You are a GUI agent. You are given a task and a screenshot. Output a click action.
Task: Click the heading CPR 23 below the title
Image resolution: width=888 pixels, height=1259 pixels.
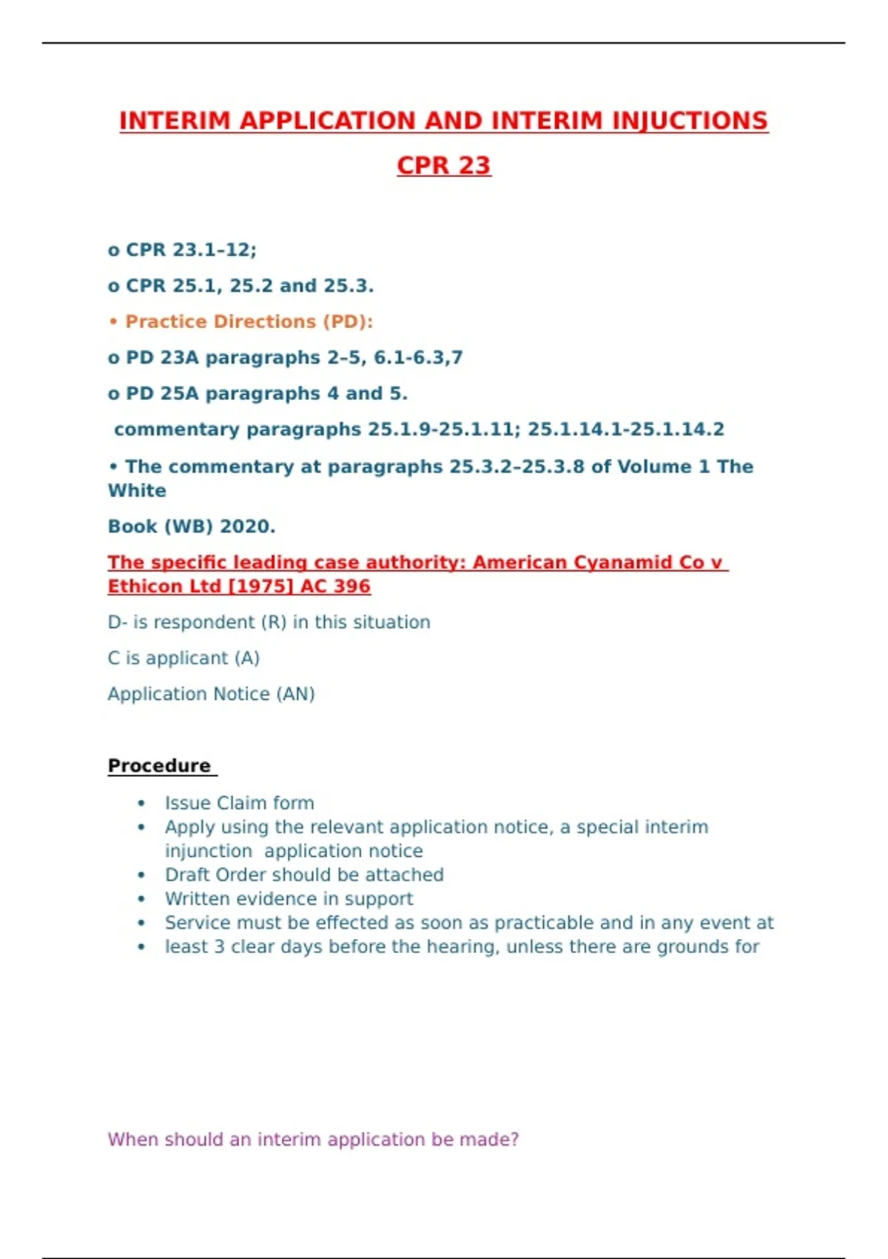click(x=443, y=165)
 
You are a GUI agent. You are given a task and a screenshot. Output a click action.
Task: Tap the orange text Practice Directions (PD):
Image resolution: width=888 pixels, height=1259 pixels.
click(x=249, y=321)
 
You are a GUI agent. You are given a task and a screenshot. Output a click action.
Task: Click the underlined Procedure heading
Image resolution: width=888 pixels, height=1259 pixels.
click(x=159, y=766)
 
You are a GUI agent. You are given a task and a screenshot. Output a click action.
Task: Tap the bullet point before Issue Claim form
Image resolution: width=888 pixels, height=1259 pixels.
click(x=141, y=804)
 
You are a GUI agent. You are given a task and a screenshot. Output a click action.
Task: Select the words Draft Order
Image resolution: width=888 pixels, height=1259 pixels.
click(x=210, y=875)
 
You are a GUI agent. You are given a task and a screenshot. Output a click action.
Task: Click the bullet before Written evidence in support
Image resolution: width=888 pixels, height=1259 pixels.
click(x=141, y=899)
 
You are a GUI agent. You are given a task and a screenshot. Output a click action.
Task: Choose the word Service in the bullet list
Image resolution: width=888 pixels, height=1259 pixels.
click(x=192, y=923)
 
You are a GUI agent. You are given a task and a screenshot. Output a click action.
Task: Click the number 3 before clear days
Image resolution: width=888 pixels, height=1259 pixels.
click(x=219, y=946)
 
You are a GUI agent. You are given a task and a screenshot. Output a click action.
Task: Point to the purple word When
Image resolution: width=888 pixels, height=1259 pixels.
click(x=133, y=1139)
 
